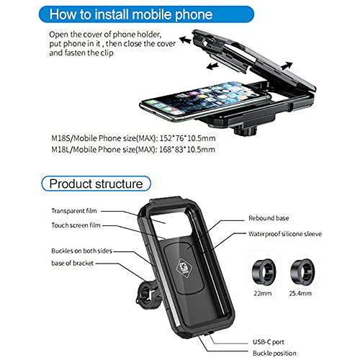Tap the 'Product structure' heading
click(x=95, y=184)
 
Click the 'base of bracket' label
click(x=71, y=267)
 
